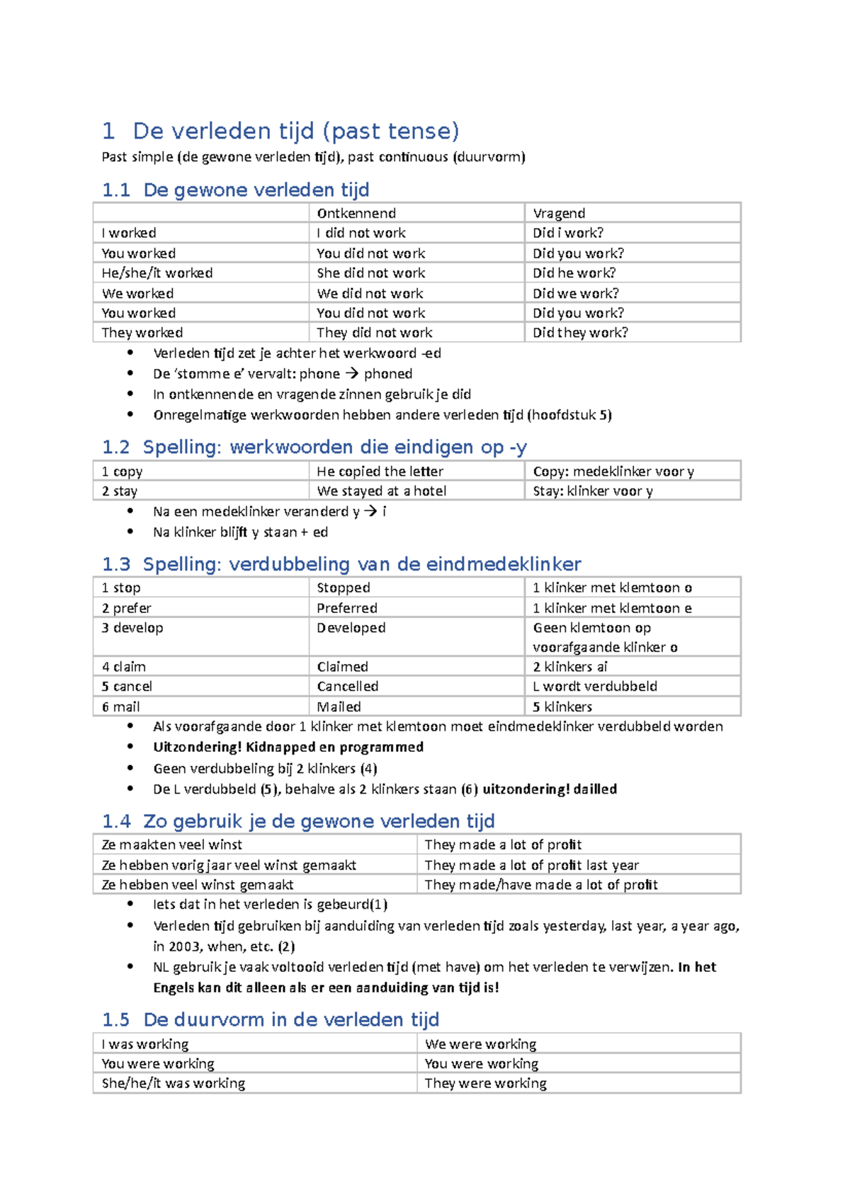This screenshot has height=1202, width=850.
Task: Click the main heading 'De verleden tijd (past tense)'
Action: point(296,131)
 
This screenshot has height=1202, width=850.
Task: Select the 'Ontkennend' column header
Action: point(356,213)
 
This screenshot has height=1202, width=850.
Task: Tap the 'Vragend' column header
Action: point(559,213)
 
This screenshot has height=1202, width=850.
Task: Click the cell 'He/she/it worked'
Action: point(157,273)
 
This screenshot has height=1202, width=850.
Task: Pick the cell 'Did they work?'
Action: point(580,333)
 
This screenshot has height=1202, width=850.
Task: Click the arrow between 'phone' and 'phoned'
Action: point(352,374)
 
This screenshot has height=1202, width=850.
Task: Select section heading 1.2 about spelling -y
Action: point(314,447)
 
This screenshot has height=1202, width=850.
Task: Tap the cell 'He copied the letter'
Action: point(380,471)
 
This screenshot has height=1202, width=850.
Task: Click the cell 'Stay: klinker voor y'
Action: point(593,491)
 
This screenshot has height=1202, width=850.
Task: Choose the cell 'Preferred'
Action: point(347,608)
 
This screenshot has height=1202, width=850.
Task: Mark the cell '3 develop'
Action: point(132,628)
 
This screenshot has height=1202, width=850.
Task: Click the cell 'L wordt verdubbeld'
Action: point(595,687)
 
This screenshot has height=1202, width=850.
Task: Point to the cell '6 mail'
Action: point(121,706)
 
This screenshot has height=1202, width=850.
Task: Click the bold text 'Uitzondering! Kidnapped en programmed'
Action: point(288,747)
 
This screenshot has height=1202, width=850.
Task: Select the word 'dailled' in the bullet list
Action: point(595,789)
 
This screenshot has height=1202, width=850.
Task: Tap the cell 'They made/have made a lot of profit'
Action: point(541,885)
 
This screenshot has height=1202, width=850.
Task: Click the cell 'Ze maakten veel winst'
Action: point(172,845)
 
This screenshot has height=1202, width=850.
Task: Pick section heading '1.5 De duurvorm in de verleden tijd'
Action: point(271,1019)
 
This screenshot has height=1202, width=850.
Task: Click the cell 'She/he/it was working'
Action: point(174,1083)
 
